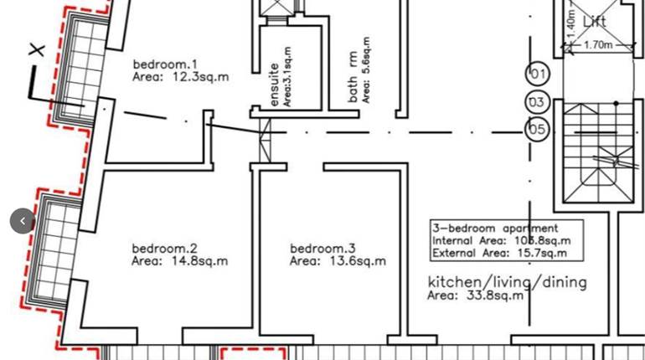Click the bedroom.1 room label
tap(165, 64)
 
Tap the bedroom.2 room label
tap(164, 249)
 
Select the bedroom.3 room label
tap(322, 249)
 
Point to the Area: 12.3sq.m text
tap(180, 77)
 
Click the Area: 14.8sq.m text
tap(179, 261)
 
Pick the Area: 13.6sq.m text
tap(338, 261)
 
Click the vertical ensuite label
tap(274, 84)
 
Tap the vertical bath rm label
tap(354, 77)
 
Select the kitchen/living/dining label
tap(507, 282)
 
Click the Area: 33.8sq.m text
tap(475, 296)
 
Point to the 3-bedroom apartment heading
tap(495, 228)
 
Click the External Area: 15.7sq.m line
tap(499, 252)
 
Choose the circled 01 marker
tap(538, 74)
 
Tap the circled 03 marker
tap(537, 103)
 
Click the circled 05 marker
tap(537, 130)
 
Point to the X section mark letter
tap(36, 50)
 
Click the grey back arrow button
tap(23, 221)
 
